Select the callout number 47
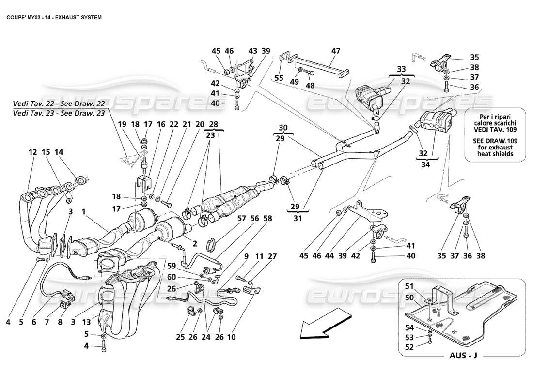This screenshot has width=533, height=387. (x=336, y=51)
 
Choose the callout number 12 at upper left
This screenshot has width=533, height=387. (x=32, y=152)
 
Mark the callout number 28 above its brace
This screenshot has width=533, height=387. (x=214, y=125)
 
